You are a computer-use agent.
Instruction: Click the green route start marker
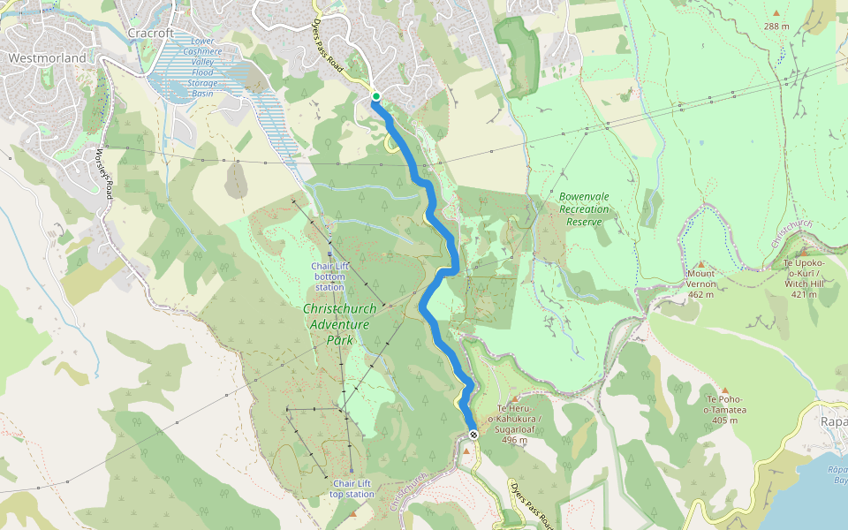point(375,96)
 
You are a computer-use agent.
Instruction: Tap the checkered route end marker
point(474,435)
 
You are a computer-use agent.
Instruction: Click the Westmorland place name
point(48,58)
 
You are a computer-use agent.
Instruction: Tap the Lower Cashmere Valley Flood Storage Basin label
point(202,67)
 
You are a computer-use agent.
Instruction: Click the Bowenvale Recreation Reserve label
point(584,209)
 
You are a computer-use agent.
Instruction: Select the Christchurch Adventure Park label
point(339,323)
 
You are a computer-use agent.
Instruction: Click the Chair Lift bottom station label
point(329,276)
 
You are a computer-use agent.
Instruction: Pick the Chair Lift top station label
point(352,488)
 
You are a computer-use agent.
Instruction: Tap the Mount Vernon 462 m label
point(700,284)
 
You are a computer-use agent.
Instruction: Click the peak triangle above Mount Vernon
point(700,264)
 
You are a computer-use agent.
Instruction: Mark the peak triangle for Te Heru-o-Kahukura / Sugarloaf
point(514,399)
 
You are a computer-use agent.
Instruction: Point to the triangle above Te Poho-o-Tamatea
point(724,390)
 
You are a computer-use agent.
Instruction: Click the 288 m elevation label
point(776,26)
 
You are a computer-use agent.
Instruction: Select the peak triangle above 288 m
point(776,12)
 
